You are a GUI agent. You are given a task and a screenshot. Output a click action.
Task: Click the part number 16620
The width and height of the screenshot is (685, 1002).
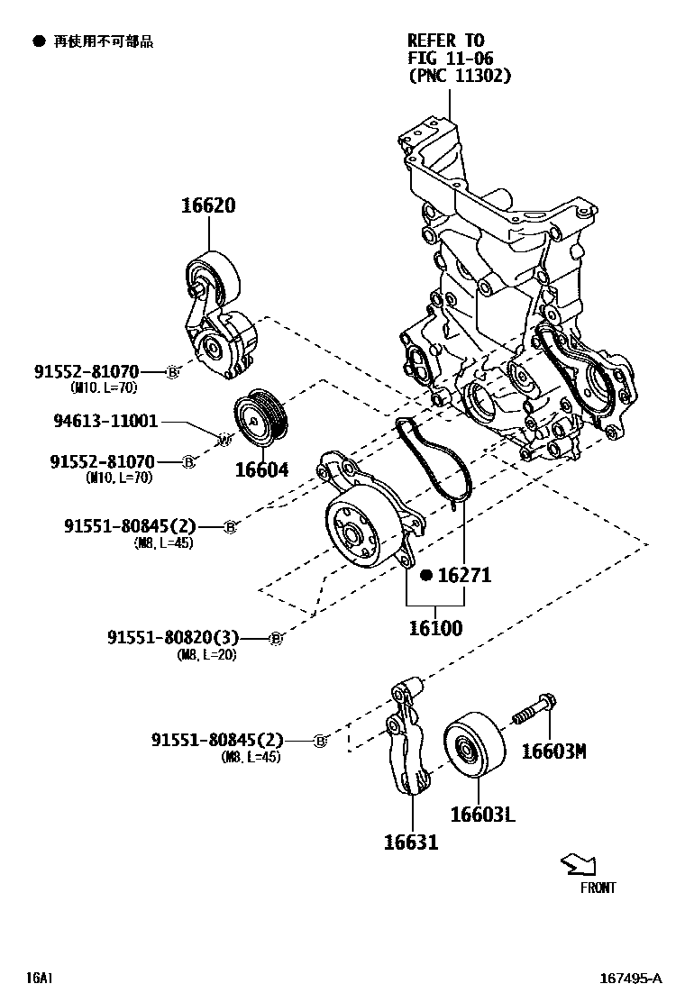208,205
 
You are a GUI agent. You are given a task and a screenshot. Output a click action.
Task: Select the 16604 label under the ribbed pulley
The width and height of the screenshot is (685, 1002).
261,469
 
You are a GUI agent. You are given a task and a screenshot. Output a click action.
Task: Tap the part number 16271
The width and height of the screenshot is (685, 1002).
465,574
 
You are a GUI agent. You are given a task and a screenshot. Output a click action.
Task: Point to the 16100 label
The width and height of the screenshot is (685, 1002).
435,627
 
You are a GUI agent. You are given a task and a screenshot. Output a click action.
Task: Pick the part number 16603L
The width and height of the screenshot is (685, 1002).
482,814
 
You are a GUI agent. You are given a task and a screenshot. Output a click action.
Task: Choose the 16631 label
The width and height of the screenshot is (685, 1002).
411,842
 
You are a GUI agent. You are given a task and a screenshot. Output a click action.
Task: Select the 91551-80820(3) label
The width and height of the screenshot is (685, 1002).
186,637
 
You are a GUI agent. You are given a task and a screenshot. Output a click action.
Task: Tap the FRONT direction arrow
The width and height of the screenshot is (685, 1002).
578,866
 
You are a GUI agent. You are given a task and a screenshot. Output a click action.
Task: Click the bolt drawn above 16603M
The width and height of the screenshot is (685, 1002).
536,708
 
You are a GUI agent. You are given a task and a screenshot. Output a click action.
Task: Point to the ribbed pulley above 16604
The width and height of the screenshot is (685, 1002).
259,418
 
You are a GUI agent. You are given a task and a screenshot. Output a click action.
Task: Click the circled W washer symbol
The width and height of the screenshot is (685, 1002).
225,439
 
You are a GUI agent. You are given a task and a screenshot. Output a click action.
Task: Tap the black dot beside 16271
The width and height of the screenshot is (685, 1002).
427,574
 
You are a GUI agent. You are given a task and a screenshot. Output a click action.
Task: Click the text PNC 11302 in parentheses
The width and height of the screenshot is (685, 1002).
459,76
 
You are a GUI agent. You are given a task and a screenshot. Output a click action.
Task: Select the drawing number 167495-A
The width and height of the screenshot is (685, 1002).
631,978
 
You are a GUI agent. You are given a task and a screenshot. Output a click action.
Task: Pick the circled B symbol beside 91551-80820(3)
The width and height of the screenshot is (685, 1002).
277,638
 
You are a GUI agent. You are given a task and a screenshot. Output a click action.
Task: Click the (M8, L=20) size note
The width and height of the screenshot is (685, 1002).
206,655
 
